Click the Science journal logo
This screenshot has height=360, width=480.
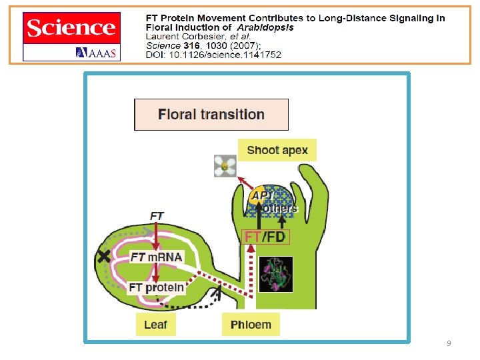pos(71,28)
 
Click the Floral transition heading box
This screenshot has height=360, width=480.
pos(211,115)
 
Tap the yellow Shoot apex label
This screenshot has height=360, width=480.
pos(277,150)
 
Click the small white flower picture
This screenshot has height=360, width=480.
pos(225,166)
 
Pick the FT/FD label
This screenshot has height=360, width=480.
pos(267,237)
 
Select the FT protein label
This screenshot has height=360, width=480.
pos(157,288)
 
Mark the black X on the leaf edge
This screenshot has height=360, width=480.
pos(103,257)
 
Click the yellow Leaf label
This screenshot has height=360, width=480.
pos(155,325)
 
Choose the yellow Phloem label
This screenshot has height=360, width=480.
pos(251,325)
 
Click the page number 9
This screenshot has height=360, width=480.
pos(449,343)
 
